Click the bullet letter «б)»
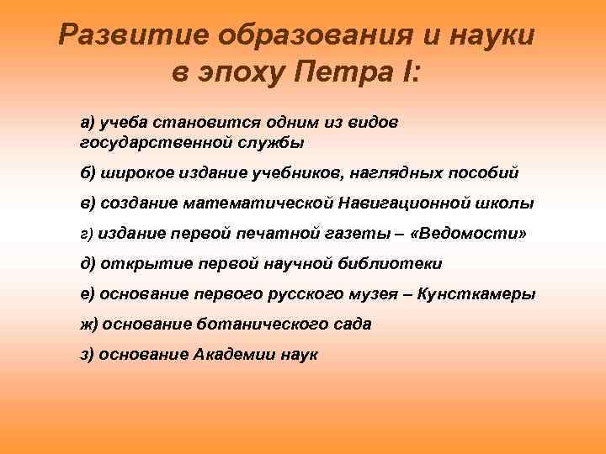pos(88,173)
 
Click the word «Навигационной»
pos(396,203)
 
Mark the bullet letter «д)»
pos(88,264)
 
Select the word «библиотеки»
pos(393,264)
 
